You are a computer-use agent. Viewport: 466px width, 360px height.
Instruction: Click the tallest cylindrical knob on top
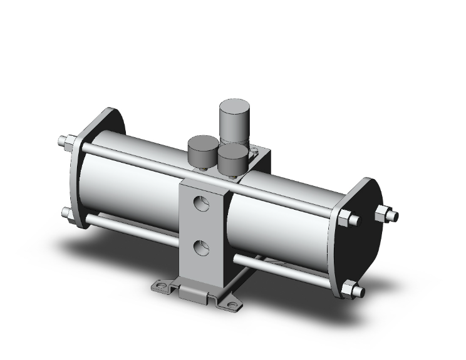tap(234, 119)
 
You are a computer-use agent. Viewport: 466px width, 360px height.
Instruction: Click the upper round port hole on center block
tap(201, 203)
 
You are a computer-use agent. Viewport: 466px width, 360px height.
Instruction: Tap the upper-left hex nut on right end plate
tap(346, 219)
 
